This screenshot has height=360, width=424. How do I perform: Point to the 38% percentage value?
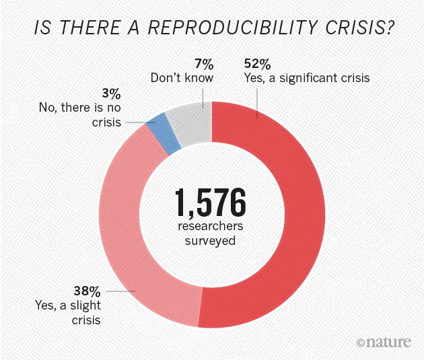coord(86,292)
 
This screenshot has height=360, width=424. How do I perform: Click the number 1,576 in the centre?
coord(211,201)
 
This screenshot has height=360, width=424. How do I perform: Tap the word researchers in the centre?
coord(211,226)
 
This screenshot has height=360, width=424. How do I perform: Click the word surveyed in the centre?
coord(211,240)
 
